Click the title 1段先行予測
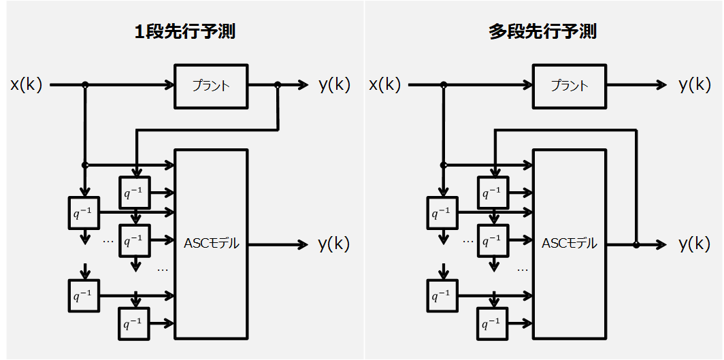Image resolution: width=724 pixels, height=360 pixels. [x=185, y=32]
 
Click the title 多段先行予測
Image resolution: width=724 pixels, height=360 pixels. [x=542, y=32]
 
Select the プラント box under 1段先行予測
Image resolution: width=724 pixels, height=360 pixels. [x=211, y=86]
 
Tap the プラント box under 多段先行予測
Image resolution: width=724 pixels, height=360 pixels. [x=569, y=86]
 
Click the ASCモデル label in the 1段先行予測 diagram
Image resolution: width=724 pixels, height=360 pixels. [x=212, y=244]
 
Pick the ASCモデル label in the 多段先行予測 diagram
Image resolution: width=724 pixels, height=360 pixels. [x=569, y=244]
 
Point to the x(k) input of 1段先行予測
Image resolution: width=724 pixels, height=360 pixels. [x=27, y=85]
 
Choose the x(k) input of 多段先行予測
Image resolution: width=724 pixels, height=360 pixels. [x=385, y=85]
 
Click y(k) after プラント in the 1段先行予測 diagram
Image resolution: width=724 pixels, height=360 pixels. [x=334, y=85]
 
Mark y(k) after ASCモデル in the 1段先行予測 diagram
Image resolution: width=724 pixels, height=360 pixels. [x=334, y=244]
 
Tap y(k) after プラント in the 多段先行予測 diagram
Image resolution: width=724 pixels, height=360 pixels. [x=694, y=85]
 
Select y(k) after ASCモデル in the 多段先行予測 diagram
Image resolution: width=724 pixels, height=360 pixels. [x=694, y=244]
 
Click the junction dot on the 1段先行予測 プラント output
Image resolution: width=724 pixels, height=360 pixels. [x=278, y=85]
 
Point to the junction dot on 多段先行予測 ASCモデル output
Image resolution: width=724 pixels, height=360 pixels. [x=636, y=244]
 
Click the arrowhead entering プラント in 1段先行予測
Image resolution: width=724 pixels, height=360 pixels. [x=170, y=85]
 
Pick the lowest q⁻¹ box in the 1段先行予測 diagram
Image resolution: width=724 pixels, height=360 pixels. [x=135, y=323]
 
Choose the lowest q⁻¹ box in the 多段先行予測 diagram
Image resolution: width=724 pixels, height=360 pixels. [x=493, y=323]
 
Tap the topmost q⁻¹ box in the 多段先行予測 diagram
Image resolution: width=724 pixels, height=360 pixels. [x=493, y=193]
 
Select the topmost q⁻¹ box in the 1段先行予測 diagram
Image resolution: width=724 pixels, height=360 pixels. [x=135, y=193]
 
